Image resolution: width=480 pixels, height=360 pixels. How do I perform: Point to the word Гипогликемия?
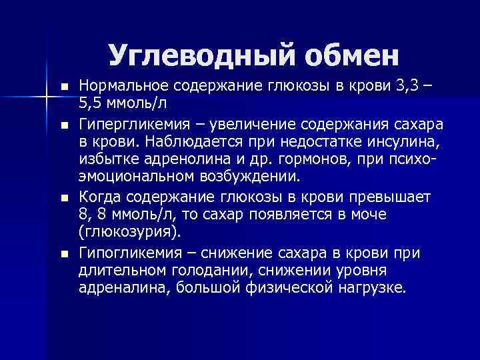(x=123, y=253)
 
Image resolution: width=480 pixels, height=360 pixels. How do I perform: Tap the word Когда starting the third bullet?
(x=99, y=197)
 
